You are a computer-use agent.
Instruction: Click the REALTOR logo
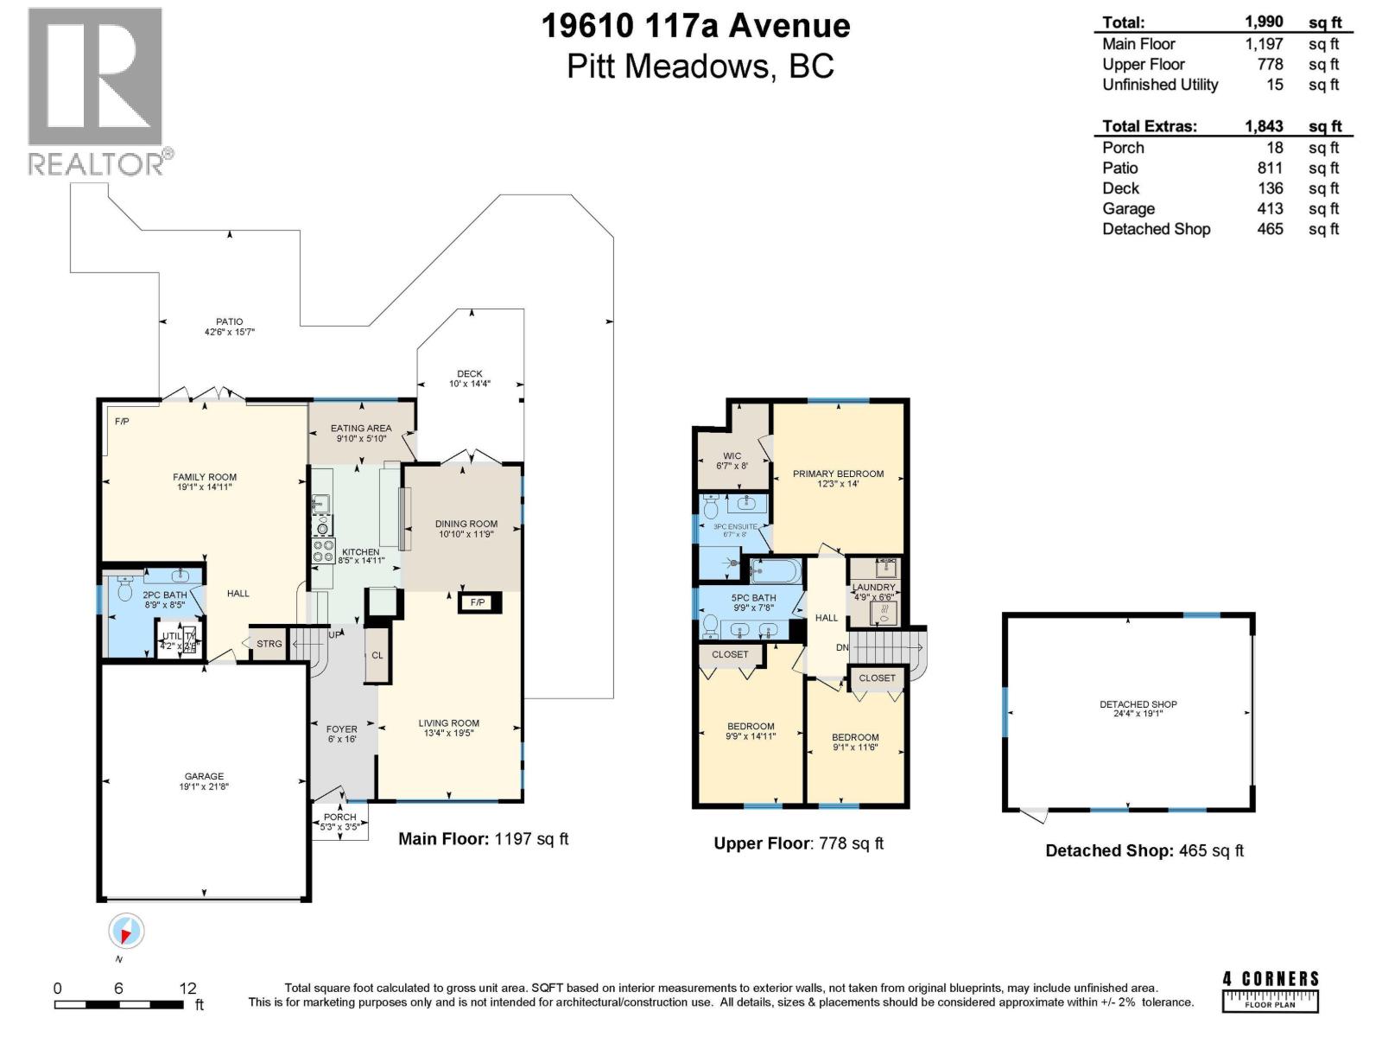pos(95,91)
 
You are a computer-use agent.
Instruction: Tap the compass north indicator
pos(126,932)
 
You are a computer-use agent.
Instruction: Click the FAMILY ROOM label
pos(204,477)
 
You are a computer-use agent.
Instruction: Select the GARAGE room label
pos(204,776)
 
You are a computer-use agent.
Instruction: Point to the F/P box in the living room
pos(478,602)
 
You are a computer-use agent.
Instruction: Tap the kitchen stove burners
pos(323,550)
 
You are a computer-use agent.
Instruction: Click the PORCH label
pos(339,817)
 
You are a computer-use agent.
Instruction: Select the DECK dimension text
pos(469,384)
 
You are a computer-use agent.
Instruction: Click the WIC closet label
pos(732,456)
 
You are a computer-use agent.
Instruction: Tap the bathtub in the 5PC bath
pos(775,570)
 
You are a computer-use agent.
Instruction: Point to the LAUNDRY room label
pos(874,588)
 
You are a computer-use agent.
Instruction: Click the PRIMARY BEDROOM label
pos(838,474)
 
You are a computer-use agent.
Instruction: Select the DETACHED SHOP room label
pos(1138,704)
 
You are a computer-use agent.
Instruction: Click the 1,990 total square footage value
pos(1264,22)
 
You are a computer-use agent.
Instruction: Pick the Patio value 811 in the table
pos(1270,168)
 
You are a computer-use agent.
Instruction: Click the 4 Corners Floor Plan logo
pos(1271,990)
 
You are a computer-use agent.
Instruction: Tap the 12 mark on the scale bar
pos(188,989)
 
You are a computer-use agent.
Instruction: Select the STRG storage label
pos(269,644)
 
